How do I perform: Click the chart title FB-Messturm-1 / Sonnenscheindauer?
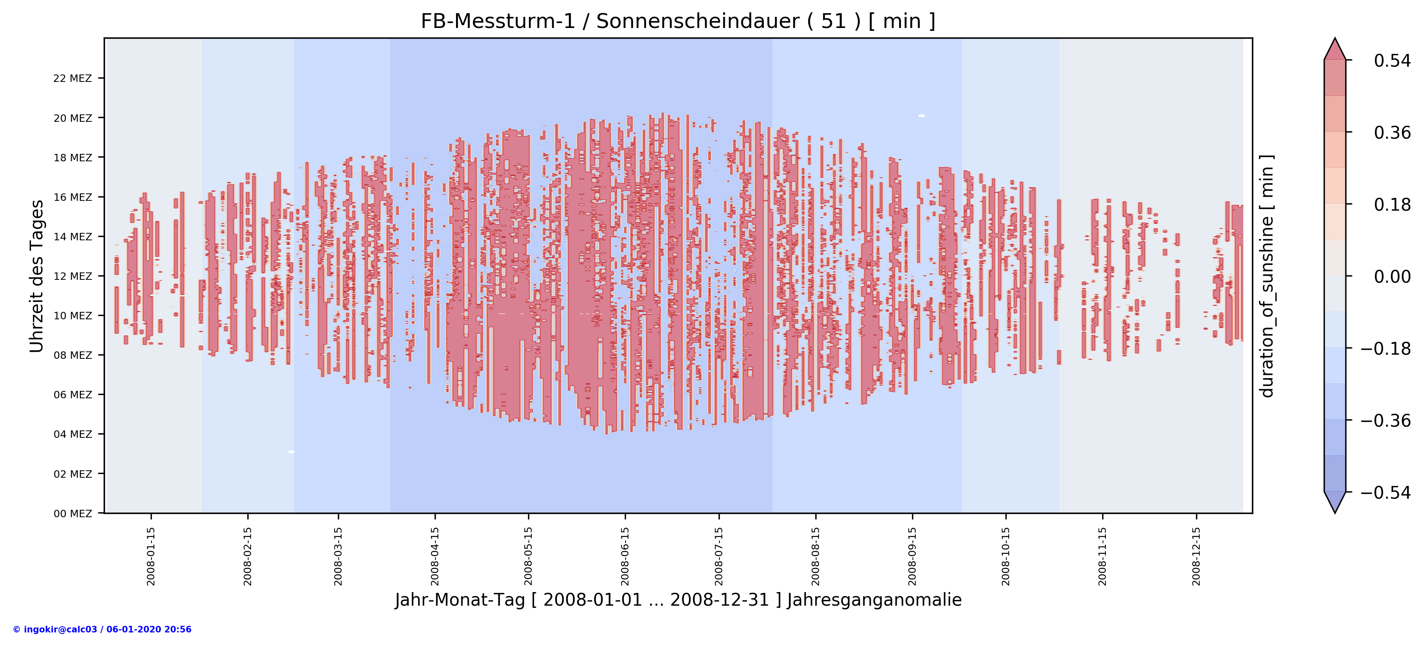pos(678,21)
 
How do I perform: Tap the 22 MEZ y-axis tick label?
pos(72,79)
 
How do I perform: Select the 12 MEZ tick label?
pos(72,277)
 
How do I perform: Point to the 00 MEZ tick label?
pos(72,514)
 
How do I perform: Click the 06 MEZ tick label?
pos(72,395)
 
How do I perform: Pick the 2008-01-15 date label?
pos(151,556)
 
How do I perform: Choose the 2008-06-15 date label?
pos(625,556)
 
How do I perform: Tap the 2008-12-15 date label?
pos(1196,556)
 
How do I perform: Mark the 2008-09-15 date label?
pos(912,556)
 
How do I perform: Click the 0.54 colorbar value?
pos(1392,61)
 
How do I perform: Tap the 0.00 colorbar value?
pos(1392,277)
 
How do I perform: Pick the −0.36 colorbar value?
pos(1385,421)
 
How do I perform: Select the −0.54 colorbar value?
pos(1385,493)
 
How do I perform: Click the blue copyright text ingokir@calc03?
pos(102,630)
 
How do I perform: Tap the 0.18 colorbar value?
pos(1392,204)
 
